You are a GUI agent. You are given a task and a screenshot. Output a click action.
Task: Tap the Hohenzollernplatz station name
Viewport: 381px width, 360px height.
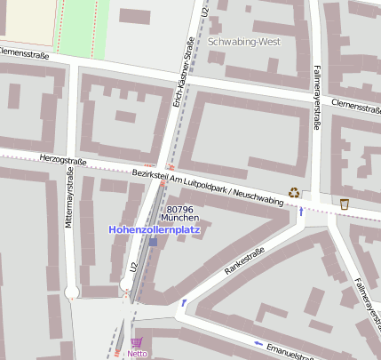pyautogui.click(x=155, y=228)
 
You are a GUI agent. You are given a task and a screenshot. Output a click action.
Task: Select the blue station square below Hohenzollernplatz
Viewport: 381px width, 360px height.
pyautogui.click(x=153, y=242)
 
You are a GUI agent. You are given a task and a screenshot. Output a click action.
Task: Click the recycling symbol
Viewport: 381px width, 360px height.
pyautogui.click(x=294, y=192)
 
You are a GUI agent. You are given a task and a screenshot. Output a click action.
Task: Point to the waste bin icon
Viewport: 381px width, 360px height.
pyautogui.click(x=344, y=204)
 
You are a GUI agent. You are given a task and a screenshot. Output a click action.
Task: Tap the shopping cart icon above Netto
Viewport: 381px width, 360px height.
pyautogui.click(x=136, y=342)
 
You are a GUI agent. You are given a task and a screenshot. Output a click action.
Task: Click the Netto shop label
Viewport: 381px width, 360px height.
pyautogui.click(x=137, y=354)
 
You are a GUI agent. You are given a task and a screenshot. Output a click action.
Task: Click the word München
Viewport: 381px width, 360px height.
pyautogui.click(x=179, y=218)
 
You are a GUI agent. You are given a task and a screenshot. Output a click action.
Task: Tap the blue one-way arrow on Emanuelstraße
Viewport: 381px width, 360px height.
pyautogui.click(x=258, y=343)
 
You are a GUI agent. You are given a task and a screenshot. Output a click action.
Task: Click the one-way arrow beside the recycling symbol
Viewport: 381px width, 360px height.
pyautogui.click(x=302, y=212)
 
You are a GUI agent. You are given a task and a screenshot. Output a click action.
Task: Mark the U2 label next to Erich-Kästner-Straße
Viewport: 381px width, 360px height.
pyautogui.click(x=206, y=13)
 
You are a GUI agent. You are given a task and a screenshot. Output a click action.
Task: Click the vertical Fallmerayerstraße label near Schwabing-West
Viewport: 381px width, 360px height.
pyautogui.click(x=315, y=97)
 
